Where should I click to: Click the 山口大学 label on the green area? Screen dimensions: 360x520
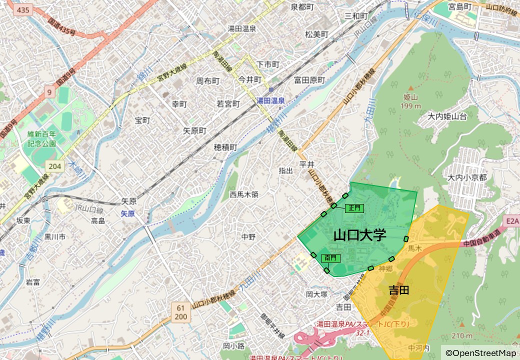point(359,234)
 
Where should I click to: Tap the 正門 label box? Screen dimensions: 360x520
point(354,208)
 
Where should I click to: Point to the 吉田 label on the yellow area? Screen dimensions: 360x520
point(399,290)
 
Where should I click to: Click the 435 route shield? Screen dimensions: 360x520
point(22,10)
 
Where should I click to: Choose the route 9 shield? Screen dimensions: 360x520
point(49,92)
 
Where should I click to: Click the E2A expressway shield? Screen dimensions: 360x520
point(512,220)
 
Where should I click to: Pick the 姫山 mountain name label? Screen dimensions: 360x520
point(411,97)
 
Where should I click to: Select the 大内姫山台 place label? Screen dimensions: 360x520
point(447,116)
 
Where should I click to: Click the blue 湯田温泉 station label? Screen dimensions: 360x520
point(270,100)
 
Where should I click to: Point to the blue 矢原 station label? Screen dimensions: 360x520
point(128,213)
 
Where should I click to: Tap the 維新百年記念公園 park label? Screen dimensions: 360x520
point(42,138)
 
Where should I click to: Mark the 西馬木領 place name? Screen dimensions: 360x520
point(244,194)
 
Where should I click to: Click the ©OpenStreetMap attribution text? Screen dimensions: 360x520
point(480,353)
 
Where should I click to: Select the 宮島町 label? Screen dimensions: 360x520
point(460,6)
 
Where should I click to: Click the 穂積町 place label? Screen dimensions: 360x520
point(225,147)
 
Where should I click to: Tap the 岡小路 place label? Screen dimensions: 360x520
point(233,345)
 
